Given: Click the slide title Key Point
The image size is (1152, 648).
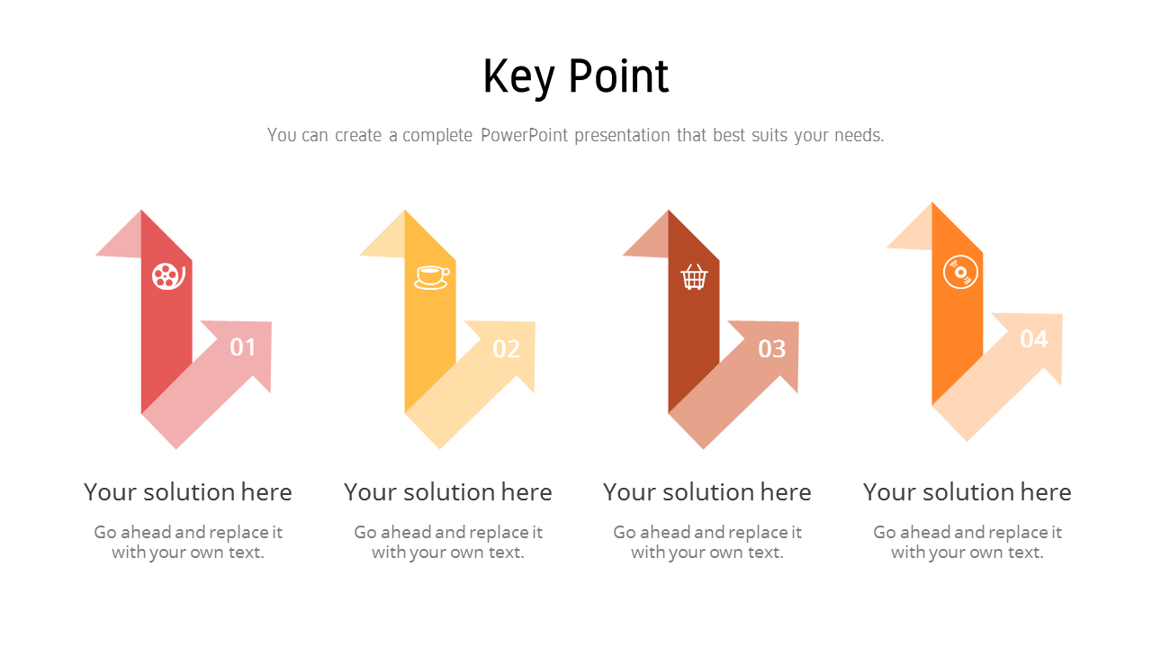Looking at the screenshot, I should (576, 76).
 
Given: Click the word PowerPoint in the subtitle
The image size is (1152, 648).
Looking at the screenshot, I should (524, 136).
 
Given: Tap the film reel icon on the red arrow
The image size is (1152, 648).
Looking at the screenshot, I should (167, 275).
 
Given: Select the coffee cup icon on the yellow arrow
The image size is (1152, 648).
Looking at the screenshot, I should (431, 276).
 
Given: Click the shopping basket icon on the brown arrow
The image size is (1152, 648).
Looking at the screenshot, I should (694, 276).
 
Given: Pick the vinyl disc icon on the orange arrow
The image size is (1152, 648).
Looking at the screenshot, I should (959, 271).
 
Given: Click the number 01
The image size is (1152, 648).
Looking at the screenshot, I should (243, 347).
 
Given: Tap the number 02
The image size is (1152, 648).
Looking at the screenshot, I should (506, 349).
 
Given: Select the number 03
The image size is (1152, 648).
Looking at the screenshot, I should (771, 349).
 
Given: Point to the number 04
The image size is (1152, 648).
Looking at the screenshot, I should (1033, 339).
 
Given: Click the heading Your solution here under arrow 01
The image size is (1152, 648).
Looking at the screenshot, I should (188, 492).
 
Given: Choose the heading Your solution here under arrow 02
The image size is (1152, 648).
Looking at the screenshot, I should (447, 492).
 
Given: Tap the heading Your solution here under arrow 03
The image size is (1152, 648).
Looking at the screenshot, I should (706, 492).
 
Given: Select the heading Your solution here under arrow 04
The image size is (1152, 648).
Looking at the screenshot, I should (967, 492).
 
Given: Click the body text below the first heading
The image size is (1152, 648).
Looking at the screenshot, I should (188, 542).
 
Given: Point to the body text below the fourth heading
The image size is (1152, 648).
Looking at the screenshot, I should (967, 542).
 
